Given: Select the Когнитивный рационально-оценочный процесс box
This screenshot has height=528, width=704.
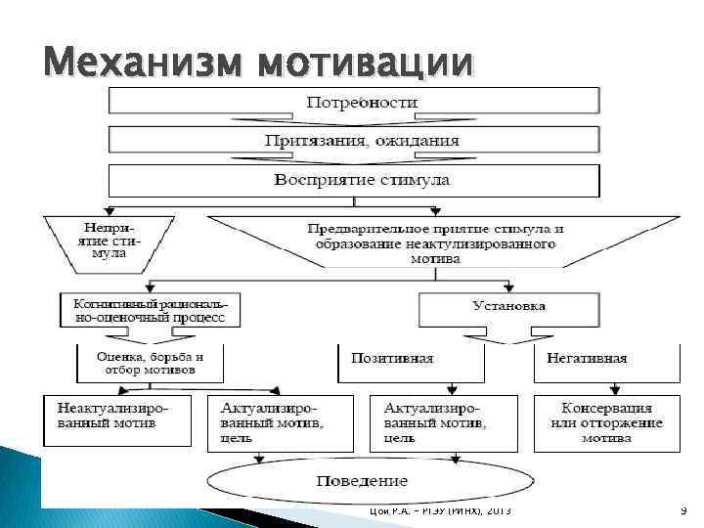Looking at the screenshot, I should coord(151,311).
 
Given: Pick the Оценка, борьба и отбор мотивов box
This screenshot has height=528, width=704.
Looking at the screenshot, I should coord(151,363).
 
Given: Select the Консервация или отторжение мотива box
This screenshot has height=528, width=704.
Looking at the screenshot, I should coord(607,421).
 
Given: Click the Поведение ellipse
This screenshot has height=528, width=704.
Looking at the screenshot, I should coord(362,480).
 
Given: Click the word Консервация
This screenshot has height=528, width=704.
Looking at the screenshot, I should coord(607,408).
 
